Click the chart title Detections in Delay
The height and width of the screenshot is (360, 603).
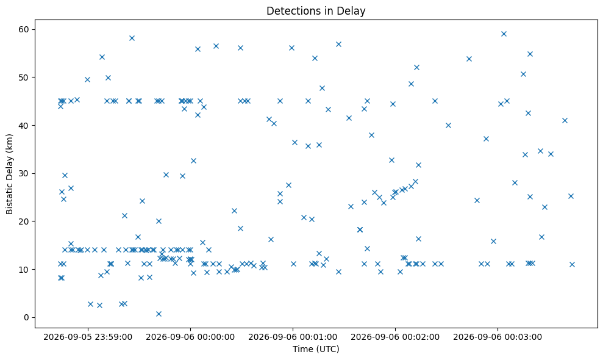coord(316,11)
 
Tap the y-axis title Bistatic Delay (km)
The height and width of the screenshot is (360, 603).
coord(9,174)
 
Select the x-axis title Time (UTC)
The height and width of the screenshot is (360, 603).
coord(316,349)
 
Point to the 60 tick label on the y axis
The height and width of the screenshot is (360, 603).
coord(24,30)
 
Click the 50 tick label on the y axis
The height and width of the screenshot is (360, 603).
coord(24,77)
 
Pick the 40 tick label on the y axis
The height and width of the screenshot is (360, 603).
coord(24,126)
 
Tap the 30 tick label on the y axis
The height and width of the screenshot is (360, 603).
coord(24,173)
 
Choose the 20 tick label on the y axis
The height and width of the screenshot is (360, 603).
coord(24,221)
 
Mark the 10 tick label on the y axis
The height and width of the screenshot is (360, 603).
coord(24,269)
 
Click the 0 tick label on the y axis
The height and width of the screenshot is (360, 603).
coord(27,317)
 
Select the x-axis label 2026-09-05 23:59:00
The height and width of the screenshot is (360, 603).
coord(88,337)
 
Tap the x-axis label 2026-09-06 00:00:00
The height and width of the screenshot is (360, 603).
coord(190,337)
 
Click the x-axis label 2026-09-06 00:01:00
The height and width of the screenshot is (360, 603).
coord(293,337)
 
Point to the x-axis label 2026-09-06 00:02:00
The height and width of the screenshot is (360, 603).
coord(395,337)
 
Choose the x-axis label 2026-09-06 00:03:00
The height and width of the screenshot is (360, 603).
coord(498,337)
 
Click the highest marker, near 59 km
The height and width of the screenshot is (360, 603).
coord(504,34)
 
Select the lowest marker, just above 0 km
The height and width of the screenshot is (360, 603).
coord(159,314)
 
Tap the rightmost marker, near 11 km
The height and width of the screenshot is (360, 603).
coord(572,264)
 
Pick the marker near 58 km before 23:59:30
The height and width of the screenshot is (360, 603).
coord(132,38)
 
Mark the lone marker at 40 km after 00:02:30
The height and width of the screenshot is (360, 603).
coord(448,125)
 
